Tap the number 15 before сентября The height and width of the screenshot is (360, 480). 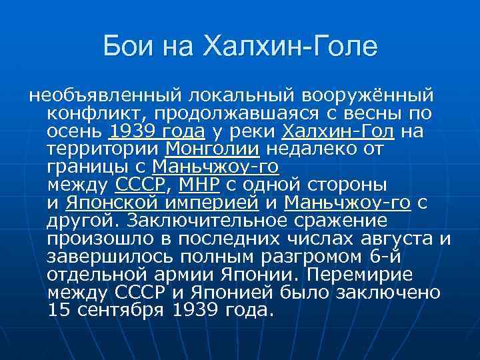pyautogui.click(x=59, y=311)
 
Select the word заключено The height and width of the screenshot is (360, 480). pyautogui.click(x=385, y=293)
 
